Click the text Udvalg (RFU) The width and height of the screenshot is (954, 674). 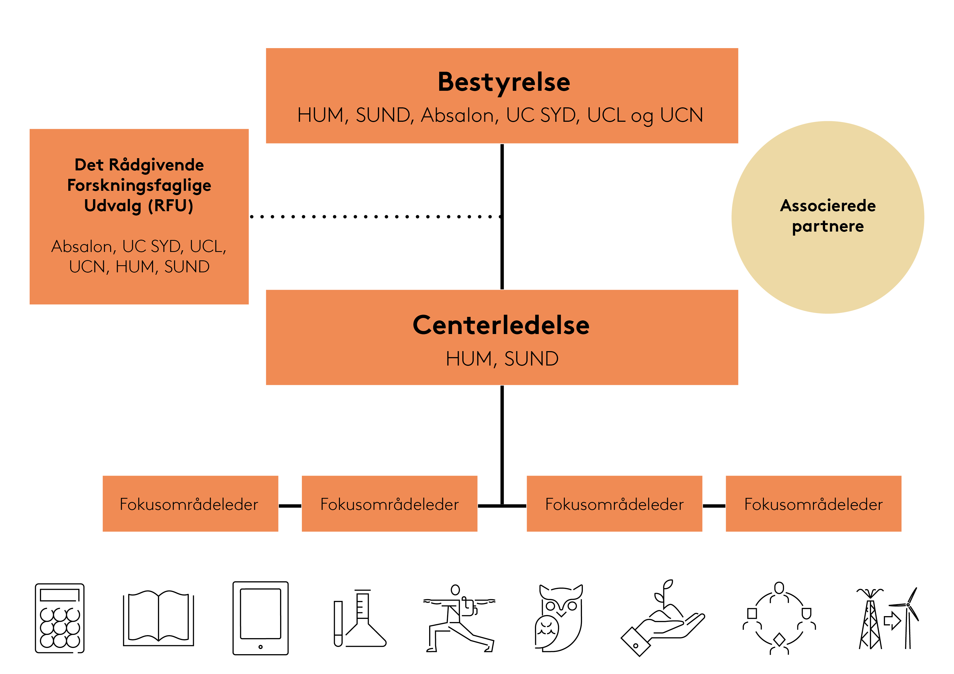tap(139, 205)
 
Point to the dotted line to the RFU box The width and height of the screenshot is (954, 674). tap(374, 216)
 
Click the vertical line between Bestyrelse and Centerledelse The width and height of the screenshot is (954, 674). tap(502, 249)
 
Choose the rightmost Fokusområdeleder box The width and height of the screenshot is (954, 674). tap(813, 504)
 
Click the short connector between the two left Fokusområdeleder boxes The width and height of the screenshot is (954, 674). tap(290, 506)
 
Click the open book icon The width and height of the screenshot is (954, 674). tap(158, 618)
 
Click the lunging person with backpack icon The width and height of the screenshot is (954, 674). tap(459, 619)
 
